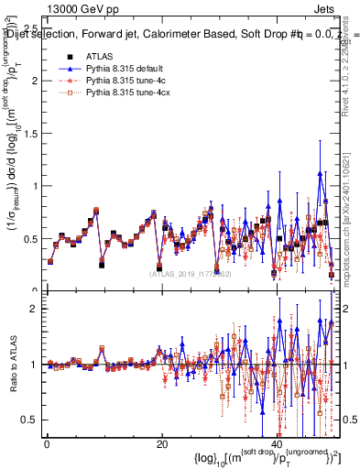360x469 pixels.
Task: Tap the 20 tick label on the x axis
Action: [x=162, y=443]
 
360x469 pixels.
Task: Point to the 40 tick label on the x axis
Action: [x=278, y=443]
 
